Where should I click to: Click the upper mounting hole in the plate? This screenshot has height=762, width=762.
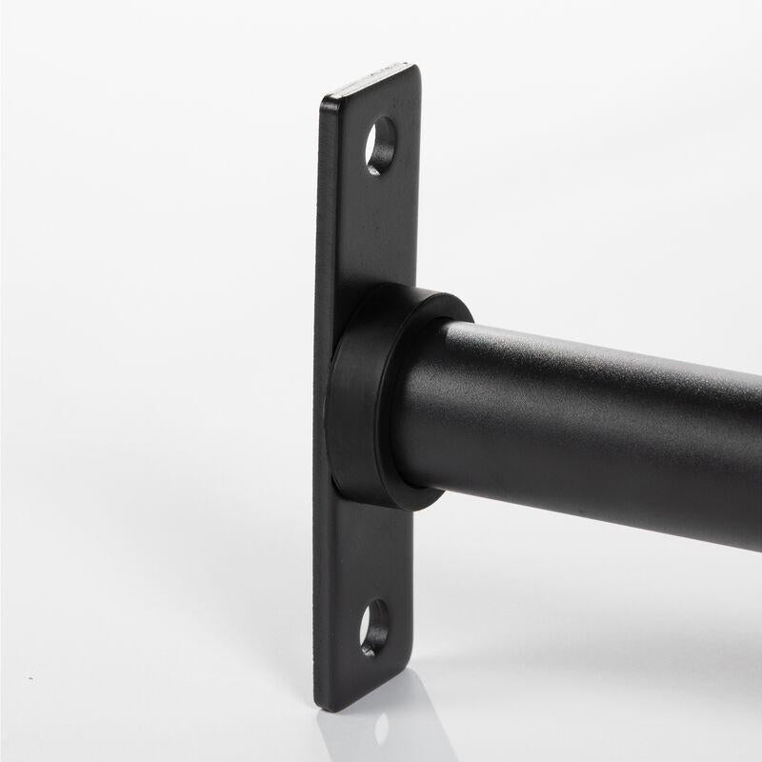pos(380,146)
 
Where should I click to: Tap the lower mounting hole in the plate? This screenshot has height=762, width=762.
pos(374,627)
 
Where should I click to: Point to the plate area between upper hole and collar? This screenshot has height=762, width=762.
pos(376,229)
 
